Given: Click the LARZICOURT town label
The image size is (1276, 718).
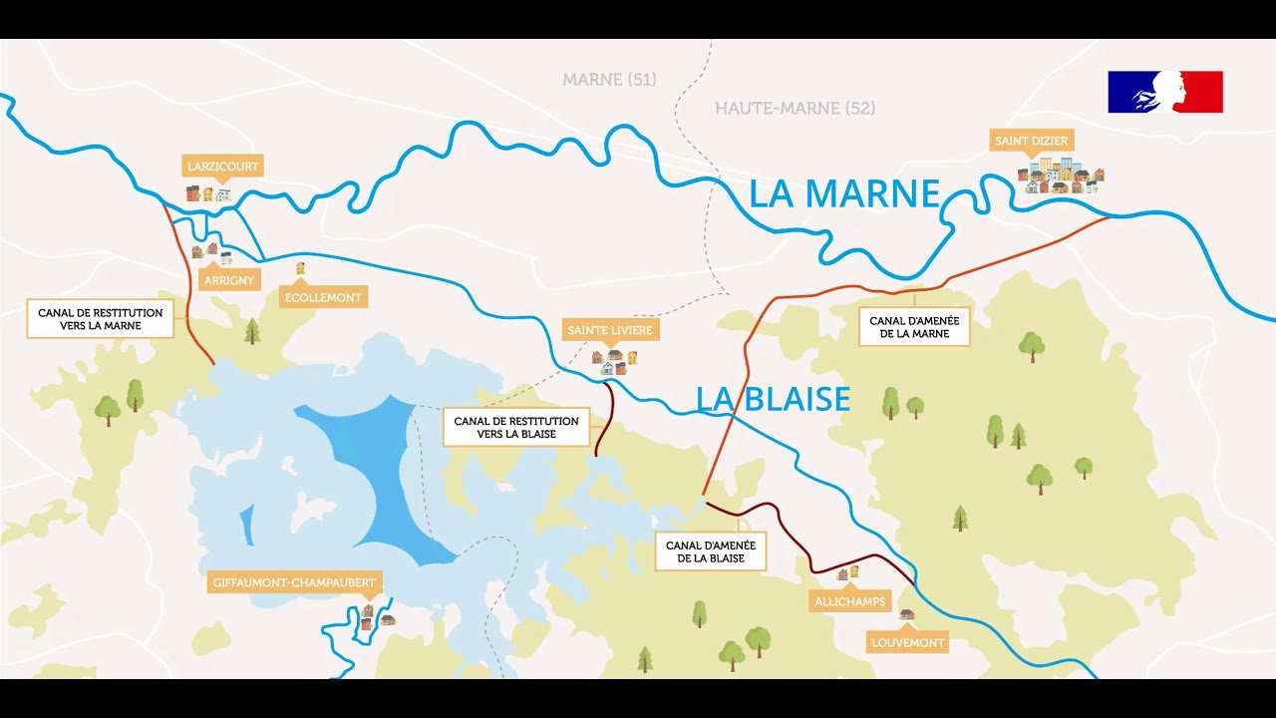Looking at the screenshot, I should tap(222, 167).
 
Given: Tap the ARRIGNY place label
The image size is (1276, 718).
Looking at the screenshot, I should tap(229, 280).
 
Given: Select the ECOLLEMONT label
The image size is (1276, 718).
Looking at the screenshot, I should tap(323, 297).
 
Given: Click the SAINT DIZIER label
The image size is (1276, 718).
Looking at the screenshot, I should tap(1032, 141).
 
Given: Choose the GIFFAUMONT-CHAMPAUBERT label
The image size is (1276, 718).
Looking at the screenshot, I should tap(294, 582).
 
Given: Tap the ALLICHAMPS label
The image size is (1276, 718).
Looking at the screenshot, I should tap(849, 602).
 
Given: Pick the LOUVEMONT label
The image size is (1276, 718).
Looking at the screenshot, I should tap(907, 643).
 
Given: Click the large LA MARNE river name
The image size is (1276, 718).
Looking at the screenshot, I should tap(844, 194).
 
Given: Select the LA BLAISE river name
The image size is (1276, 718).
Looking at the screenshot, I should tap(773, 399).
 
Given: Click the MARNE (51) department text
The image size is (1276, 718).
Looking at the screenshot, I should tap(609, 80).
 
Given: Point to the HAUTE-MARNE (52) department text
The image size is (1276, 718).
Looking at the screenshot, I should tap(795, 108).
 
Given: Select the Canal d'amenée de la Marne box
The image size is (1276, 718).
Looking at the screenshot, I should tap(914, 327).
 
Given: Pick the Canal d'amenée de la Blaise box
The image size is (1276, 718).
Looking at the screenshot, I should tap(710, 551).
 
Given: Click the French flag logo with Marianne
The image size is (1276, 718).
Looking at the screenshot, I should tap(1164, 92).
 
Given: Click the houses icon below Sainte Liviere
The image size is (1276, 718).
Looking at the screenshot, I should tap(614, 361).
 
